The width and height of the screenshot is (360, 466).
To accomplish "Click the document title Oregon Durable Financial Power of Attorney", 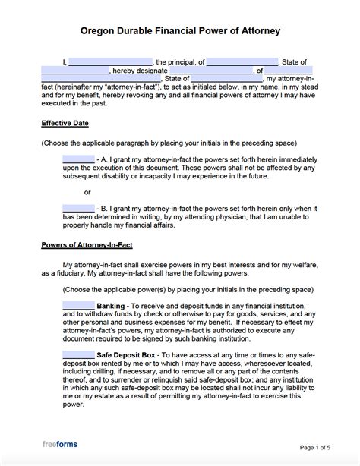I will (180, 32).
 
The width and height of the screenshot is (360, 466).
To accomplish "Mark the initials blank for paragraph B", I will (79, 209).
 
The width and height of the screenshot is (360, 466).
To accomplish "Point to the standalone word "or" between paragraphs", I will (87, 192).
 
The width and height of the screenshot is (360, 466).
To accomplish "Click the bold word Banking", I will (112, 305).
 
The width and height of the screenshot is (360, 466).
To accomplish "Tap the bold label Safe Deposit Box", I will (128, 354).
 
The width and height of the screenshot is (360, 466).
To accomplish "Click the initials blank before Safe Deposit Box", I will (79, 354).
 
